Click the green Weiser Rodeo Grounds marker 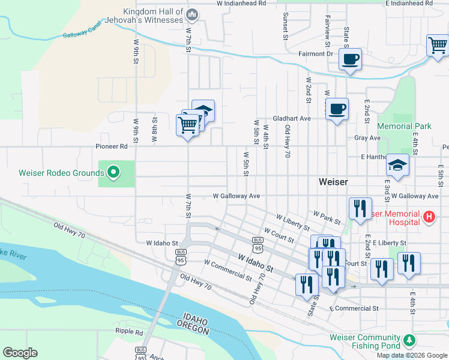point(112,173)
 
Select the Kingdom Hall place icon point(193,14)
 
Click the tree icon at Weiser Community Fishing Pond point(410,341)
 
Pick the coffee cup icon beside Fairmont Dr point(350,59)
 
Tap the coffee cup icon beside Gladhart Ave point(337,109)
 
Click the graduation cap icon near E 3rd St point(397,165)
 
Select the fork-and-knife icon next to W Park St point(360,208)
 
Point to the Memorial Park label point(405,126)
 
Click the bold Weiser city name point(333,181)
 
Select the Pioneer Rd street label point(111,146)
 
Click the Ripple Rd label point(130,332)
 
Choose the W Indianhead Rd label point(241,3)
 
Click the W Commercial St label point(228,271)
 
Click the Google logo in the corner point(20,353)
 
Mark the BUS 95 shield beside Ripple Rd point(141,350)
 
